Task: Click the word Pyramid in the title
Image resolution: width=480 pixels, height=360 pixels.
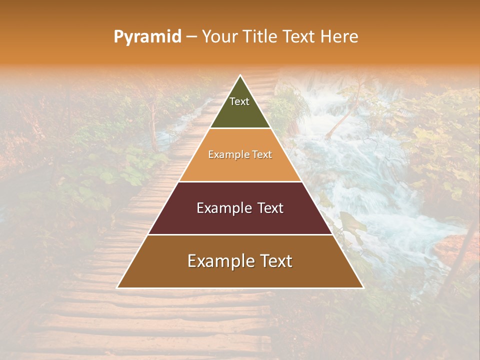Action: click(x=147, y=37)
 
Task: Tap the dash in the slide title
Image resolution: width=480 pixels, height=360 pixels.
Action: click(x=191, y=37)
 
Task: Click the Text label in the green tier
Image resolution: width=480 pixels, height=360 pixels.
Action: click(x=239, y=101)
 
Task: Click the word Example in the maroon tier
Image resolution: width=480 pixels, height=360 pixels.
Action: click(x=223, y=208)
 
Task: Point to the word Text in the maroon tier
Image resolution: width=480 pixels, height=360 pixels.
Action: click(x=270, y=208)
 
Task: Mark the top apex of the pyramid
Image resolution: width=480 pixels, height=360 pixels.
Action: click(x=240, y=75)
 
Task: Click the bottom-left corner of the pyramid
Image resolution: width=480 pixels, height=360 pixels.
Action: click(x=117, y=287)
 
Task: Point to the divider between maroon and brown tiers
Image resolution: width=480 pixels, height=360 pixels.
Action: click(x=240, y=234)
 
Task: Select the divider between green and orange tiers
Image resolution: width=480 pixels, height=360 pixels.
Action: click(x=240, y=128)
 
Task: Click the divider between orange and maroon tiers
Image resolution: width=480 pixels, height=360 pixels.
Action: click(x=240, y=181)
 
